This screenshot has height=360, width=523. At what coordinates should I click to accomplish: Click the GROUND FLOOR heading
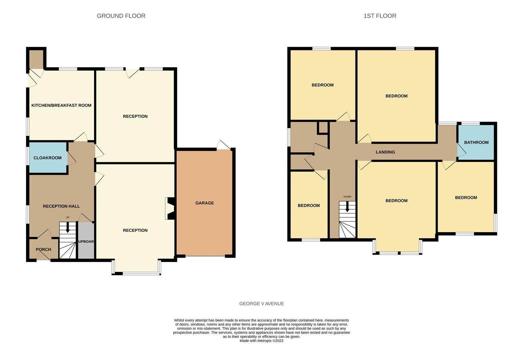pyautogui.click(x=121, y=16)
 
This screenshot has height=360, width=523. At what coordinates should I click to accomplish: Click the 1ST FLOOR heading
pyautogui.click(x=380, y=16)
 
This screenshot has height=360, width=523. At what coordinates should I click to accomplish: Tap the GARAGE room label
pyautogui.click(x=205, y=203)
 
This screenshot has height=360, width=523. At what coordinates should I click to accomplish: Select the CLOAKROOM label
pyautogui.click(x=47, y=158)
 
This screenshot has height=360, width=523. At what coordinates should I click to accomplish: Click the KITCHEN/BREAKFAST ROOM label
pyautogui.click(x=61, y=105)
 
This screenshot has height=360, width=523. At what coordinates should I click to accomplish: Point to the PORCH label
pyautogui.click(x=43, y=249)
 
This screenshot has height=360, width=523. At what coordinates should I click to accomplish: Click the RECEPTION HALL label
pyautogui.click(x=61, y=206)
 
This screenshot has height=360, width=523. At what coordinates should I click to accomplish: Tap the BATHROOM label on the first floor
pyautogui.click(x=476, y=142)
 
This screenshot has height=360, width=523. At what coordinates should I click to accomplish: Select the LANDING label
pyautogui.click(x=385, y=152)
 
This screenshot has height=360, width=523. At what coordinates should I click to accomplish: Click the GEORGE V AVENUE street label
pyautogui.click(x=261, y=304)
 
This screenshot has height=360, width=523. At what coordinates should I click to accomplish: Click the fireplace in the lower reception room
pyautogui.click(x=170, y=209)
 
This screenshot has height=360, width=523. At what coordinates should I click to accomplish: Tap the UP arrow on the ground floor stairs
pyautogui.click(x=68, y=228)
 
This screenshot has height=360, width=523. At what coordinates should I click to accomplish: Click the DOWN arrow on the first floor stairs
pyautogui.click(x=347, y=207)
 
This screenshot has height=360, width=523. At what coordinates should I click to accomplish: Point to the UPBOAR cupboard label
pyautogui.click(x=86, y=241)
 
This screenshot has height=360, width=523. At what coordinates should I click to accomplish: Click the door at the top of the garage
pyautogui.click(x=223, y=145)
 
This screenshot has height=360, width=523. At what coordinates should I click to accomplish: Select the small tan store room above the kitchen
pyautogui.click(x=36, y=59)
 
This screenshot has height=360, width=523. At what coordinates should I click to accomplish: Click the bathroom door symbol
pyautogui.click(x=462, y=151)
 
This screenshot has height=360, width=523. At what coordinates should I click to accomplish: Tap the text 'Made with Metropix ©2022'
pyautogui.click(x=261, y=341)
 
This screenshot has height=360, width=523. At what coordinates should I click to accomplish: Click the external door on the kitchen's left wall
pyautogui.click(x=32, y=80)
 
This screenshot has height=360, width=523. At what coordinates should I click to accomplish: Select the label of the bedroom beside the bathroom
pyautogui.click(x=466, y=198)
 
